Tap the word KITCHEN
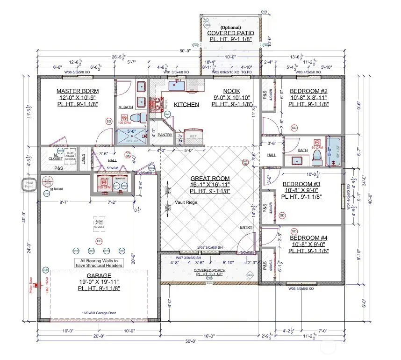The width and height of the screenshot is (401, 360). [186, 105]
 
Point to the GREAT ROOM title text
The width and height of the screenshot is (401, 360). [210, 178]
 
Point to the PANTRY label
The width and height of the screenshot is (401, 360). [165, 135]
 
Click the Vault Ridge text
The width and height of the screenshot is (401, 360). [186, 203]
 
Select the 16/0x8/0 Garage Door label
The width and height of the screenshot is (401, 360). [98, 313]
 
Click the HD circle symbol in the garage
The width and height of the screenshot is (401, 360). [99, 241]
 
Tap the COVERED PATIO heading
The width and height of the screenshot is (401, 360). [231, 33]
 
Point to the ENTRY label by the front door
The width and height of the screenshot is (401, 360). [246, 228]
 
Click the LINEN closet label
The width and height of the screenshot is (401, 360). [83, 159]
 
